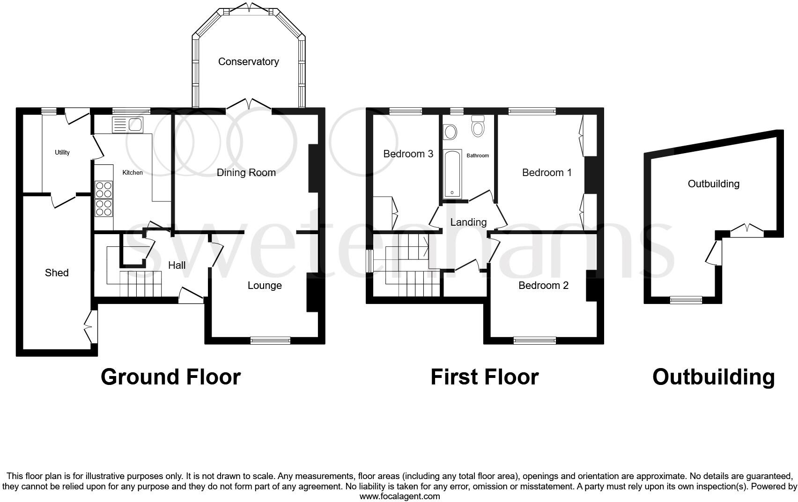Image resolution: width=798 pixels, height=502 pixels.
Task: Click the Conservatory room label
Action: (x=248, y=61)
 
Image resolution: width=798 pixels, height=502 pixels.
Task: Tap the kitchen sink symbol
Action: (x=127, y=125)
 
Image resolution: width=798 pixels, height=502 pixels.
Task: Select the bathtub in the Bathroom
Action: (x=452, y=174)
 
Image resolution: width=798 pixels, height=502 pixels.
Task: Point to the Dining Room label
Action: (x=246, y=172)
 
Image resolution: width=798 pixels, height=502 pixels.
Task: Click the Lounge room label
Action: (x=265, y=285)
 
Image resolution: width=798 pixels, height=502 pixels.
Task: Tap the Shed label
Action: (x=57, y=273)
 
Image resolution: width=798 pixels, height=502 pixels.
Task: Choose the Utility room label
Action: (x=62, y=152)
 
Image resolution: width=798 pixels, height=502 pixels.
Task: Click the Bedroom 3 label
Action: (x=408, y=154)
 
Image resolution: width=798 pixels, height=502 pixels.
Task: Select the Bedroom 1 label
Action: (x=547, y=172)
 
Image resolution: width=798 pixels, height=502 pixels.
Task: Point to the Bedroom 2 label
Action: (x=543, y=285)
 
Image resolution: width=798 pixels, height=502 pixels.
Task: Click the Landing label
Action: (x=468, y=222)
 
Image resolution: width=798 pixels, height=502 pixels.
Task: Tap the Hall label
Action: (x=177, y=265)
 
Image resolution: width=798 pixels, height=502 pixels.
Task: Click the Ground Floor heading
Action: (x=170, y=377)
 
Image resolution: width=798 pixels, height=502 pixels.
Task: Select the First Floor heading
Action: (x=484, y=377)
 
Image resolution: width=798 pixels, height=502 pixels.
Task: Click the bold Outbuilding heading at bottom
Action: (x=713, y=377)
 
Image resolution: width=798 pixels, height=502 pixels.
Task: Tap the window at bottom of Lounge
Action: (x=270, y=340)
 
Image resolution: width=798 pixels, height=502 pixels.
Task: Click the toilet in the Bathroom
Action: (x=478, y=126)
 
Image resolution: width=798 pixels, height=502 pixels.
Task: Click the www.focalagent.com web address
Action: (x=399, y=496)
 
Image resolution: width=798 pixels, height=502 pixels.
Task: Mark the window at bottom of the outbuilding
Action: (x=686, y=300)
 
